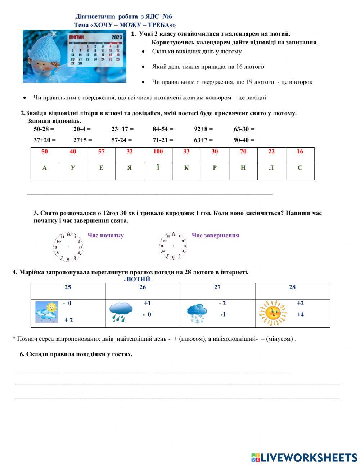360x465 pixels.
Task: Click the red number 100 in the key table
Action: (158, 152)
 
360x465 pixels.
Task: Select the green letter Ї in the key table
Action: (158, 168)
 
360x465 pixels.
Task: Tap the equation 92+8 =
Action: (203, 129)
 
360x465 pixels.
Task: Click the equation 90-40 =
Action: (244, 140)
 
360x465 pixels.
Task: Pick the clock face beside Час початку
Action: (68, 247)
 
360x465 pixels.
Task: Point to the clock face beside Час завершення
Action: (173, 246)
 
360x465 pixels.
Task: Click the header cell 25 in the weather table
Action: (68, 287)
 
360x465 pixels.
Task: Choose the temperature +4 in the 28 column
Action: (300, 314)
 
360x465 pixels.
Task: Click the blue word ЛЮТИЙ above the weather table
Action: (137, 279)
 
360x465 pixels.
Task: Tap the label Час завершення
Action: (215, 236)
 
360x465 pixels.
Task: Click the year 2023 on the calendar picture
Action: (117, 37)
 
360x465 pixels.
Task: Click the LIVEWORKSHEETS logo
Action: (304, 457)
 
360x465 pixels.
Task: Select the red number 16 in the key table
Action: (300, 152)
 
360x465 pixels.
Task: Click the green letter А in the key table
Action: (45, 168)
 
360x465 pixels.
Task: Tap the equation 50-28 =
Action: (44, 129)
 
